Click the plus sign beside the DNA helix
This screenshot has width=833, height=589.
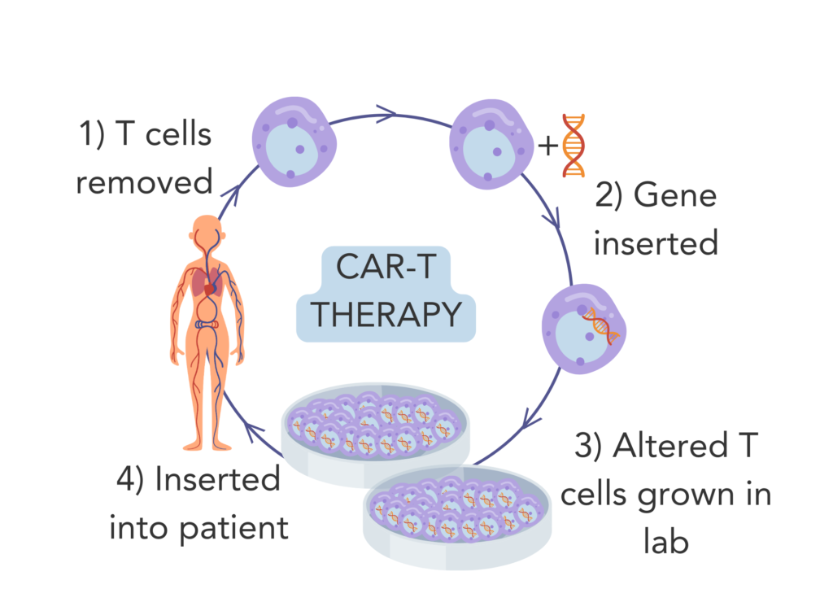(548, 146)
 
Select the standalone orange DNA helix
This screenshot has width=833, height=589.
(574, 146)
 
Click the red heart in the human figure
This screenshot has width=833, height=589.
(211, 287)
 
